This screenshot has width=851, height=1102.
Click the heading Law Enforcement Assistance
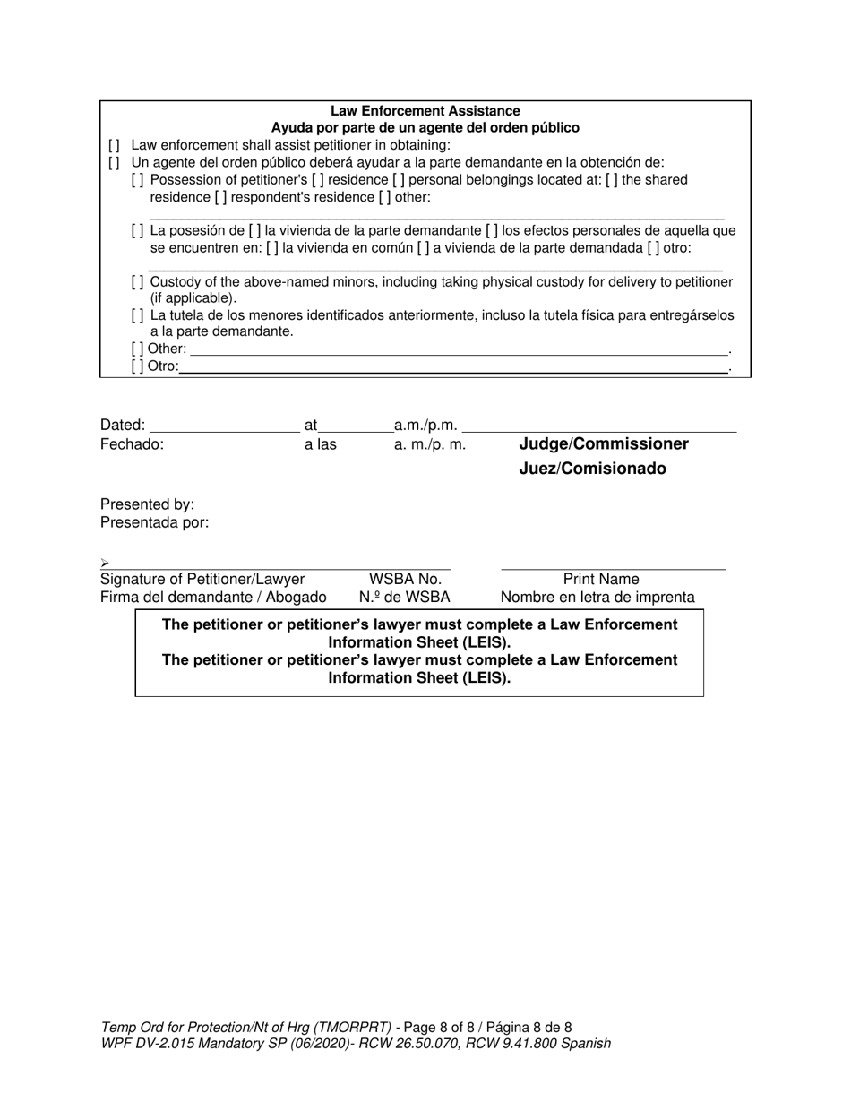click(x=425, y=111)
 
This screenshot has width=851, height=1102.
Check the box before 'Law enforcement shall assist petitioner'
click(x=114, y=145)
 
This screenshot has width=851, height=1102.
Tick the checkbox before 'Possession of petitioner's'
click(x=137, y=180)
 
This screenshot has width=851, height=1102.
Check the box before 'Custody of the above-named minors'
click(x=137, y=282)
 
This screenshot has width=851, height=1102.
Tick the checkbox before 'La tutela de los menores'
click(x=137, y=315)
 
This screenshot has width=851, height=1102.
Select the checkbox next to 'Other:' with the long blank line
click(x=137, y=349)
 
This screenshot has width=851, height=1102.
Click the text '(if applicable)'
click(x=193, y=298)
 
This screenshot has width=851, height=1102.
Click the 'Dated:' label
click(x=122, y=425)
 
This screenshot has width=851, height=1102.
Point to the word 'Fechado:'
click(x=132, y=444)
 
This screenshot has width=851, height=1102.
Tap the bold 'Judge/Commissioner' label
click(x=604, y=444)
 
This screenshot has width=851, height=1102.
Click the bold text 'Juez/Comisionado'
click(x=592, y=469)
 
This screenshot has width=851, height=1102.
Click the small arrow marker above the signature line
click(x=105, y=563)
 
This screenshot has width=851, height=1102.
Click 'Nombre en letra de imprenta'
click(x=597, y=598)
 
